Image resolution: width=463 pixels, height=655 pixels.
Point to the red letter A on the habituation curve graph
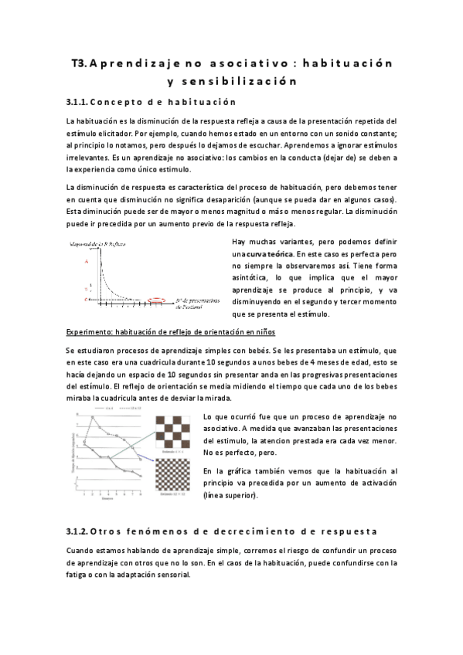point(87,261)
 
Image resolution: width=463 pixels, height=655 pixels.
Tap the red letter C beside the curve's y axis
point(87,297)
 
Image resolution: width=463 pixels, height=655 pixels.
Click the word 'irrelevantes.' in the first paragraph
point(87,157)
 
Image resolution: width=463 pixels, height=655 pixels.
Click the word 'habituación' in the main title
point(345,61)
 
